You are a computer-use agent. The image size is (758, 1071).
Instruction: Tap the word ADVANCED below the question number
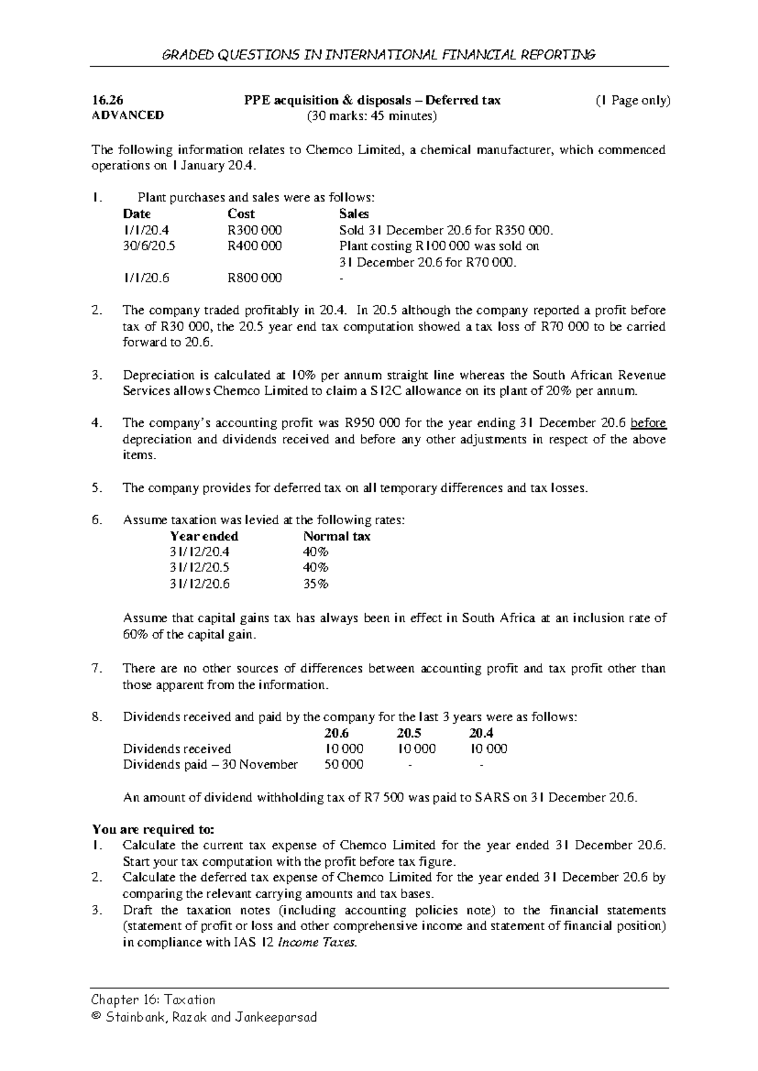click(x=128, y=116)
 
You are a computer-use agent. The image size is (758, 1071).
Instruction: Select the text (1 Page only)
click(x=632, y=100)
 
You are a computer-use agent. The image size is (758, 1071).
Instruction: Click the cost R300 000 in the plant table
click(x=254, y=230)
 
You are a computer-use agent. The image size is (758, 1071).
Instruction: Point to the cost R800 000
click(x=254, y=278)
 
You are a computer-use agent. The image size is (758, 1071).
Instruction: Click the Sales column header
click(x=354, y=213)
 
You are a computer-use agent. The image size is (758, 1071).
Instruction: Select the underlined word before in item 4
click(x=648, y=423)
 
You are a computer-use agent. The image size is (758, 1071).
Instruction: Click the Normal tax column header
click(x=337, y=536)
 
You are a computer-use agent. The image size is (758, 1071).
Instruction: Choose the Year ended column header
click(x=204, y=536)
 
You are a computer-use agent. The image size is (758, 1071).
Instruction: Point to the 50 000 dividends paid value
click(x=344, y=765)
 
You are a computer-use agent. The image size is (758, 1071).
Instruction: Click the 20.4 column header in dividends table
click(x=481, y=733)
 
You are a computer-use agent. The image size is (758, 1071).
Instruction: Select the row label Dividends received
click(x=177, y=749)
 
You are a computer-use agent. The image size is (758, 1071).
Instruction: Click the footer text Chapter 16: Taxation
click(x=153, y=1000)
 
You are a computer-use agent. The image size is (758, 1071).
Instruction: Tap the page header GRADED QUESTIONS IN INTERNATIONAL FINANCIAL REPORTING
click(x=379, y=55)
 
